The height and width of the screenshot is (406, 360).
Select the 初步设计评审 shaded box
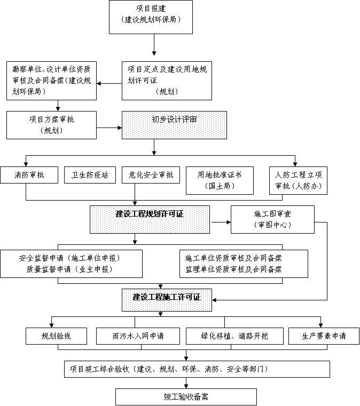174,125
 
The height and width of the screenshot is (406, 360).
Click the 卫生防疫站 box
89,175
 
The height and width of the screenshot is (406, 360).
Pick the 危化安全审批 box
151,175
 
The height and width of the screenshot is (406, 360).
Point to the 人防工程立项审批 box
298,180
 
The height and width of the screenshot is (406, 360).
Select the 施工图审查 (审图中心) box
272,219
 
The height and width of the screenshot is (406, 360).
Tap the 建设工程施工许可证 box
167,297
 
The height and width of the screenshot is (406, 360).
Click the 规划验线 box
56,336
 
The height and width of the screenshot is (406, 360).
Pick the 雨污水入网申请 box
138,336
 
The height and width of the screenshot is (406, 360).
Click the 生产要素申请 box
324,336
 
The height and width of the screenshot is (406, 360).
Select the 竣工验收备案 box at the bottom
186,397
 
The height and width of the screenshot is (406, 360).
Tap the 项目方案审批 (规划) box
51,125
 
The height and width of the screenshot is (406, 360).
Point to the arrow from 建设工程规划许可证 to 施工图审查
220,221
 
